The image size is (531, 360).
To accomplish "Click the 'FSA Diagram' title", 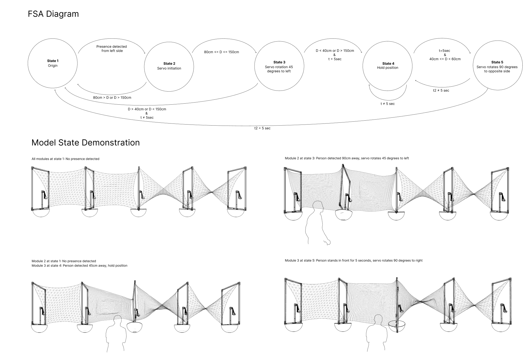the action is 53,14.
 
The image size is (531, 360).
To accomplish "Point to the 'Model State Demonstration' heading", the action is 86,143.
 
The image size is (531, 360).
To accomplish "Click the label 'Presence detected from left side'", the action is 112,49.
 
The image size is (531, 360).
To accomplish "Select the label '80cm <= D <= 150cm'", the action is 222,52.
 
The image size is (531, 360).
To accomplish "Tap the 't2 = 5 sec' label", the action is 262,128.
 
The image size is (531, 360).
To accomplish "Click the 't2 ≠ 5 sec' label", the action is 441,91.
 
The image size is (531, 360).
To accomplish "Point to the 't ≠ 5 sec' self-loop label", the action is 388,104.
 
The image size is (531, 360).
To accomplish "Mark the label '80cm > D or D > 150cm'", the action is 112,98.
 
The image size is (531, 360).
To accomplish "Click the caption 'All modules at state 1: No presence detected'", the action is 65,159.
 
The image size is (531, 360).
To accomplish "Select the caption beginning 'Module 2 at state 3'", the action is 347,158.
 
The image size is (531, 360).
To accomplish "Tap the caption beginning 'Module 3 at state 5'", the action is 354,261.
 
